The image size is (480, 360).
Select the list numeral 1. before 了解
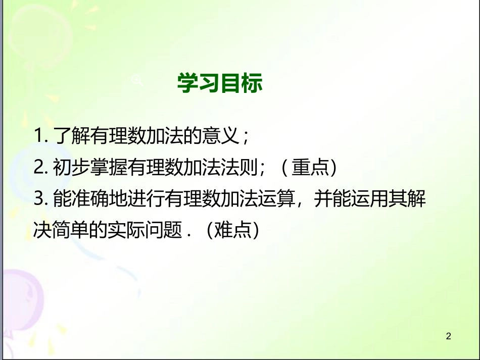coord(41,136)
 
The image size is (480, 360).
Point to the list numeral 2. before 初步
coord(41,168)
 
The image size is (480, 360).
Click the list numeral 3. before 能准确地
coord(41,200)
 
